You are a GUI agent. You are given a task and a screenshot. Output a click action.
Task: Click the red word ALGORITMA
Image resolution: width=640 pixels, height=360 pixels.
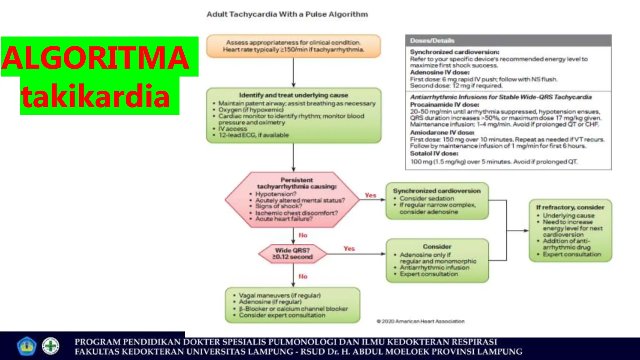[95, 58]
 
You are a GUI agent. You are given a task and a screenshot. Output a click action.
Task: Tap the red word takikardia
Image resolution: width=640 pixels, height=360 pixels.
[95, 96]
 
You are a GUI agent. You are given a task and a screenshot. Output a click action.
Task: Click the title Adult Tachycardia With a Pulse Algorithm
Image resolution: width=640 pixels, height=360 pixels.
[287, 14]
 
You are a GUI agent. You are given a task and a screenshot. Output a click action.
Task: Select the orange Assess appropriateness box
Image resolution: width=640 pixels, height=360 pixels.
[293, 46]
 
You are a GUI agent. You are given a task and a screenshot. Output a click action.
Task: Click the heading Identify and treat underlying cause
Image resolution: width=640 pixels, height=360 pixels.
[293, 95]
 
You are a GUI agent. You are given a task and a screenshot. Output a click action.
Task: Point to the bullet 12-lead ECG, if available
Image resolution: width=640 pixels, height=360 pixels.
[253, 135]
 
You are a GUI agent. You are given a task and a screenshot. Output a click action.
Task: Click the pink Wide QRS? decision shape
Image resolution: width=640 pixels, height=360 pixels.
[292, 253]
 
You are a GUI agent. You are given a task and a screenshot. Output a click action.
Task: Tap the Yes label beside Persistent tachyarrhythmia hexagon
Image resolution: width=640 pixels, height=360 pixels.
[370, 195]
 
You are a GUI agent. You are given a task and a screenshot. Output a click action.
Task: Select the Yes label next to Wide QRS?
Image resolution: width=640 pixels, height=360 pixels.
[349, 249]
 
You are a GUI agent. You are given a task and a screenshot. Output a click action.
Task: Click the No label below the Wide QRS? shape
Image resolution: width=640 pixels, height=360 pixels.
[303, 276]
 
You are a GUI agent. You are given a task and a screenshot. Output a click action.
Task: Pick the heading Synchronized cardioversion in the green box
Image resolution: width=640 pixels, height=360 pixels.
[437, 191]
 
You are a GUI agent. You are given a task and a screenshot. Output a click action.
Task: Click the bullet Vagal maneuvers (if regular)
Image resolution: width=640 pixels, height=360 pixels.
[279, 295]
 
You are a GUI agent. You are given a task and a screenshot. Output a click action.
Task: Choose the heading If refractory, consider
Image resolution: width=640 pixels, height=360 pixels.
[570, 207]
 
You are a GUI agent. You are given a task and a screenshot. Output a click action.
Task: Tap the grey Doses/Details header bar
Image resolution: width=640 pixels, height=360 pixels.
[508, 41]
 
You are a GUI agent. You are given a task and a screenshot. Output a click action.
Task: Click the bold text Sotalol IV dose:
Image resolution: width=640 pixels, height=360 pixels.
[434, 153]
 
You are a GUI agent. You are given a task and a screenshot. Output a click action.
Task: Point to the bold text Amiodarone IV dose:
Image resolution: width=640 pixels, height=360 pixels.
[442, 132]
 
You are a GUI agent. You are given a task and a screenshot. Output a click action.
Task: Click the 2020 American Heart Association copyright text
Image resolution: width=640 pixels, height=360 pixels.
[421, 321]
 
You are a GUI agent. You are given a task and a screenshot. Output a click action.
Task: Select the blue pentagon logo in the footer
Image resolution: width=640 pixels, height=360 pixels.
[26, 346]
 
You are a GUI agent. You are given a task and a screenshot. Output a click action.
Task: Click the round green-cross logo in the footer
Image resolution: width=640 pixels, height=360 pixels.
[51, 346]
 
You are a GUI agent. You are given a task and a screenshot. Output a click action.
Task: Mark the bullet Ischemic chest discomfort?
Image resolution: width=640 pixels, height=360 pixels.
[296, 213]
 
